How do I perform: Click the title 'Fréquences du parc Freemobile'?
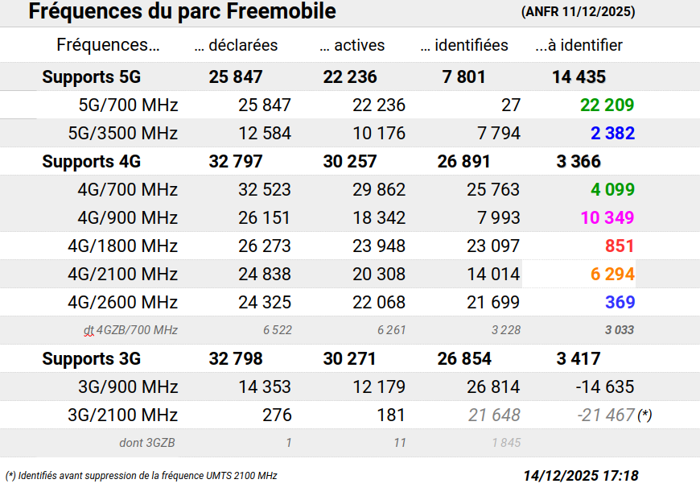pos(182,12)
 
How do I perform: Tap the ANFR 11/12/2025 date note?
pos(578,12)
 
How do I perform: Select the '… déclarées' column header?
pos(236,45)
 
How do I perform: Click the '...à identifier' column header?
pos(579,45)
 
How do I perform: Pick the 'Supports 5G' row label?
pos(91,77)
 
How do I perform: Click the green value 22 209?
pos(607,105)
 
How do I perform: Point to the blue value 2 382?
pos(612,133)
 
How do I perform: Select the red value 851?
pos(620,246)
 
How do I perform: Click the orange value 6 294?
pos(612,274)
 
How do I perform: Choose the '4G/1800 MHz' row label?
pos(122,246)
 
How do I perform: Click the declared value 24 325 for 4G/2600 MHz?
pos(265,302)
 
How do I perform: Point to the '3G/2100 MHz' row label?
pos(123,415)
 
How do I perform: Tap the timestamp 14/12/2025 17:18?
pos(580,475)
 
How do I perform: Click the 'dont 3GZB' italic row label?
pos(147,442)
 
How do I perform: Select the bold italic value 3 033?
pos(619,329)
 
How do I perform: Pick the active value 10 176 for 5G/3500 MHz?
pos(379,133)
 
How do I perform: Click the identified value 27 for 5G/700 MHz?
pos(510,105)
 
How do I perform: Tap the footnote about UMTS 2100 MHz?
pos(142,475)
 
